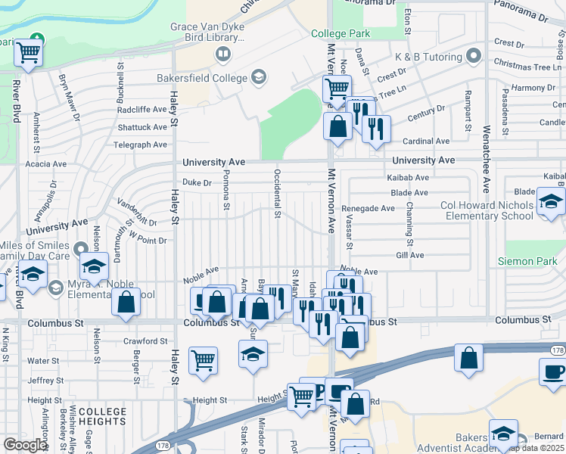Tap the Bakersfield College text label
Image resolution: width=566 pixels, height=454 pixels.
click(202, 78)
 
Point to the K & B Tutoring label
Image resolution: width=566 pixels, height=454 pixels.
click(428, 57)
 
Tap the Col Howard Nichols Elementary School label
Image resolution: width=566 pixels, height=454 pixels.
click(487, 210)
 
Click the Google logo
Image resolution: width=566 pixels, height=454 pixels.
click(25, 444)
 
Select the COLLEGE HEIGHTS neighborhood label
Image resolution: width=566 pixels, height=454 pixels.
click(102, 417)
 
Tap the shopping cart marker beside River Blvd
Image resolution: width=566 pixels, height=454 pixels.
click(28, 54)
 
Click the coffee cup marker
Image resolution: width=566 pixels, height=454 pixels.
click(552, 372)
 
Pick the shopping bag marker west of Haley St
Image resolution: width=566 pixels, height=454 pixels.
click(126, 301)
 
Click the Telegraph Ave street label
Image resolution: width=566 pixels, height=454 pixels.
click(140, 145)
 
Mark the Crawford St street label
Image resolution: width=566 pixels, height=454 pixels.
click(145, 341)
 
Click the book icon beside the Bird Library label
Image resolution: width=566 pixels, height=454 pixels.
click(223, 53)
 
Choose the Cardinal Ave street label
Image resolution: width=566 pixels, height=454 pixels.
click(427, 141)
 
